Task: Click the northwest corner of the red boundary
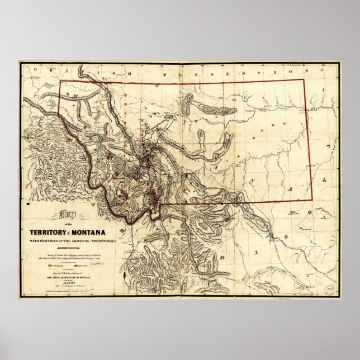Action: point(60,82)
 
